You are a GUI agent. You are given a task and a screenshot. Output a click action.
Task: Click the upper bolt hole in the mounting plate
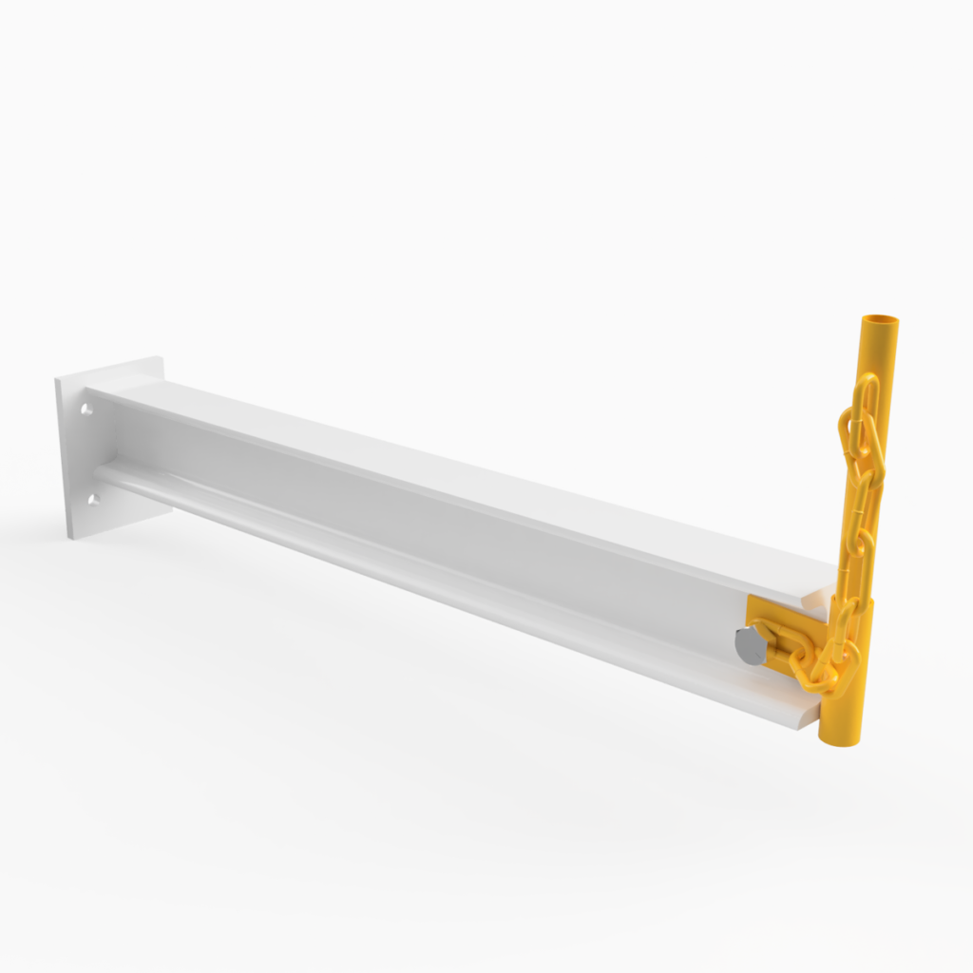pos(86,410)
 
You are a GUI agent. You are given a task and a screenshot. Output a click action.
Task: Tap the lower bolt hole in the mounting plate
pos(93,498)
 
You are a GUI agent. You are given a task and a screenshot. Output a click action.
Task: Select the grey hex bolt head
pos(749,645)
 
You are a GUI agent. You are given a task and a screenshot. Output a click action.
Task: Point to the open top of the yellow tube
pos(880,320)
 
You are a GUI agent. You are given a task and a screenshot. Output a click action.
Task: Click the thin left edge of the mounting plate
pos(61,456)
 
